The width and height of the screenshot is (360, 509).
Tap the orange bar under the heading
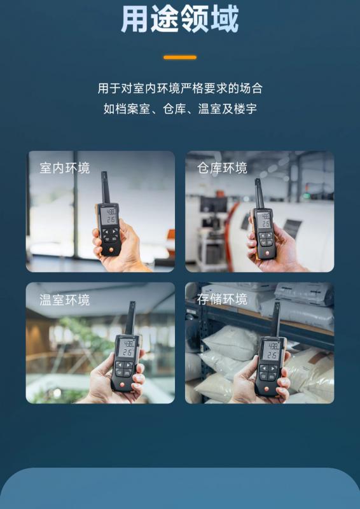[180, 57]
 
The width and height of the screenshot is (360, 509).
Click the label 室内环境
[65, 168]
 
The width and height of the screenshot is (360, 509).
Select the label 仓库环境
[223, 168]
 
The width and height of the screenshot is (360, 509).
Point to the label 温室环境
[65, 300]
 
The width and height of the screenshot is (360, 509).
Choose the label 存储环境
[223, 299]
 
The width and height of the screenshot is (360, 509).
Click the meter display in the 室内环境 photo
[109, 216]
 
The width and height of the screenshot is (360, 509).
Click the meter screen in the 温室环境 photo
[127, 348]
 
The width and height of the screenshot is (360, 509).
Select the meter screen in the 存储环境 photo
[271, 351]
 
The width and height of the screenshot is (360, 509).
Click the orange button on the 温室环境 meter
[123, 385]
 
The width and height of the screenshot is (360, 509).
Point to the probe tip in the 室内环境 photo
[104, 173]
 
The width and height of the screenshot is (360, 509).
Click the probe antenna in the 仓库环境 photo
[259, 194]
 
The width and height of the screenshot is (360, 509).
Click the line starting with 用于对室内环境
[180, 88]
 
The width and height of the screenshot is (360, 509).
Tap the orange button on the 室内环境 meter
[112, 250]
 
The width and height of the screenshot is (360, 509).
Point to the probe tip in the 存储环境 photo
[277, 305]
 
